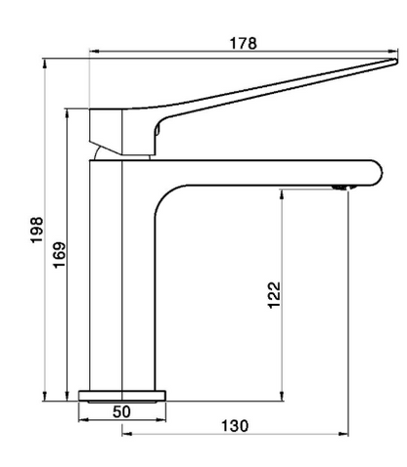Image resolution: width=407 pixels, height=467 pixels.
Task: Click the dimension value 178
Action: coord(243,42)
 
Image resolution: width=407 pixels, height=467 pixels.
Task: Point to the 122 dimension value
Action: coord(274,294)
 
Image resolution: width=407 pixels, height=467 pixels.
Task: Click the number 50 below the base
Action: coord(121,412)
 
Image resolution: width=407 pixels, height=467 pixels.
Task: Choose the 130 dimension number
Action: coord(234,425)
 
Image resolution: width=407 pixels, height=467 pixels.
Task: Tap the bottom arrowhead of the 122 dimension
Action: coord(281,393)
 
